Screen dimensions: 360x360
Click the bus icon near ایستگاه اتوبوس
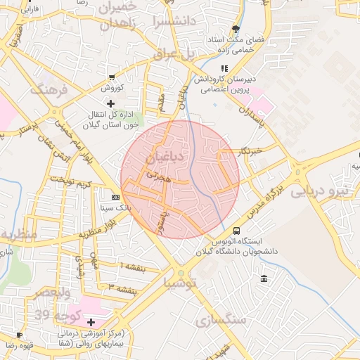(x=236, y=231)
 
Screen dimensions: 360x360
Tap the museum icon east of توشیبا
(x=264, y=279)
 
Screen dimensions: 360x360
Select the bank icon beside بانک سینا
(x=116, y=197)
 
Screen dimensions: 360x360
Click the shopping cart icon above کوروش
(x=112, y=77)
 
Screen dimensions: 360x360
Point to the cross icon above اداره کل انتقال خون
(x=110, y=103)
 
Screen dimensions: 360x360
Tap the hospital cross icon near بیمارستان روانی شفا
(x=91, y=321)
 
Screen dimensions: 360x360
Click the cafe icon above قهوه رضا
(x=19, y=335)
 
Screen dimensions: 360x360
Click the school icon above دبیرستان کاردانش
(x=224, y=68)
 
